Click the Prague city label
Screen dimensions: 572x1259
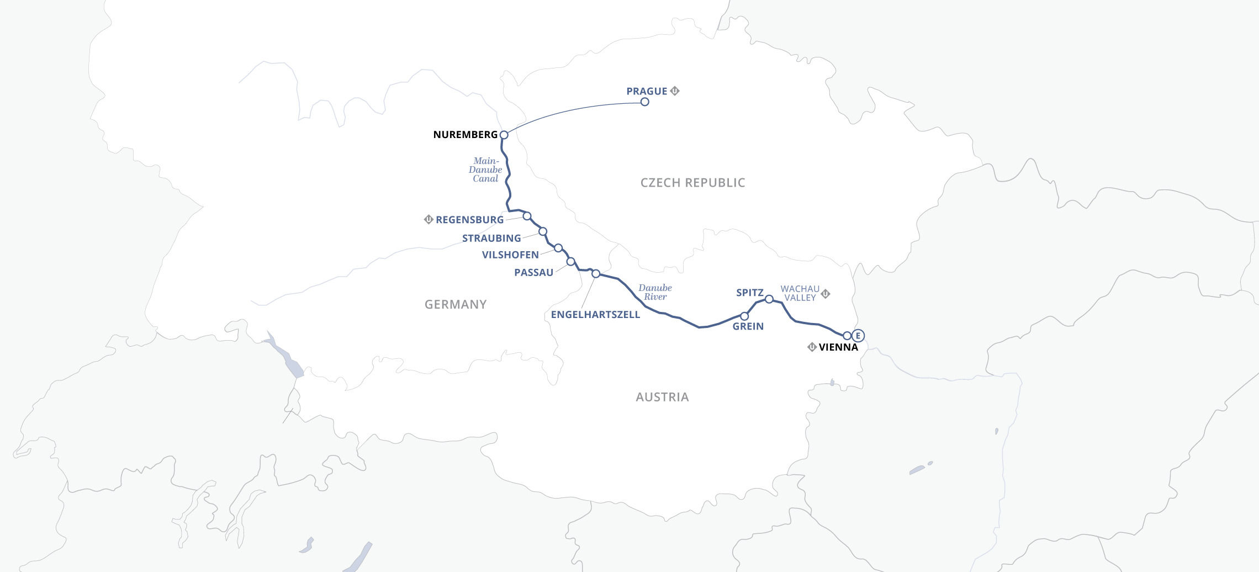[x=647, y=91]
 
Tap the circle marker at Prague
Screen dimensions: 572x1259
[x=644, y=102]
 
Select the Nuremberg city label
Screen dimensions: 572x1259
[x=465, y=135]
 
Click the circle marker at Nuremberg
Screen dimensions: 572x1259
[x=504, y=135]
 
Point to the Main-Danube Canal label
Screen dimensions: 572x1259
[x=485, y=170]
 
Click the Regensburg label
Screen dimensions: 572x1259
[x=469, y=220]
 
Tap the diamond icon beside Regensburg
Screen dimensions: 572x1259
[x=429, y=219]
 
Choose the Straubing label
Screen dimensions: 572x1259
[x=491, y=239]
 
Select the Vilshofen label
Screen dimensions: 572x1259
[x=510, y=255]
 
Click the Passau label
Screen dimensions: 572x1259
[x=533, y=273]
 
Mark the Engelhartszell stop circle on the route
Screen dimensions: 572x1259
[x=596, y=273]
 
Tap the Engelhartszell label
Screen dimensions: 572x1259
[x=595, y=315]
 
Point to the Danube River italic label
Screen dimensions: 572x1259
[x=655, y=292]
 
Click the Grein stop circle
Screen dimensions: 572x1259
[x=744, y=316]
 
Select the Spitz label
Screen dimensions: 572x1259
[x=749, y=293]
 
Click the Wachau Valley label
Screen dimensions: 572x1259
[x=800, y=293]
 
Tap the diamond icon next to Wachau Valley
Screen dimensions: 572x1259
[x=826, y=294]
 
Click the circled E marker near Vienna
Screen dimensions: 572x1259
[x=858, y=336]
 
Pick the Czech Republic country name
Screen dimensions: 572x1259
[x=692, y=183]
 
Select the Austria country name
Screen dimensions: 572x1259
[x=662, y=397]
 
